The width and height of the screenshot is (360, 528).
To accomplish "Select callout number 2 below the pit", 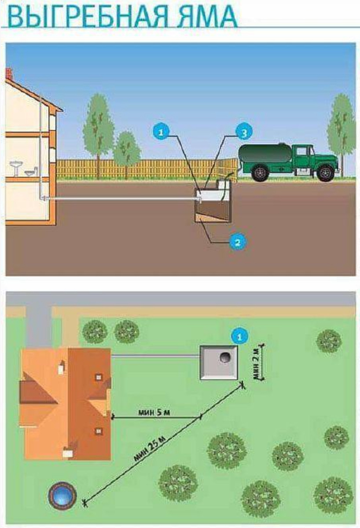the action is click(237, 241).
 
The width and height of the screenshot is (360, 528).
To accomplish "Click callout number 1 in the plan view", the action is click(239, 337).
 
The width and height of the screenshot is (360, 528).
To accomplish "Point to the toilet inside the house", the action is click(31, 172).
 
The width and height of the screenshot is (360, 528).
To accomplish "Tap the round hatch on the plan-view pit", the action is click(224, 357).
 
